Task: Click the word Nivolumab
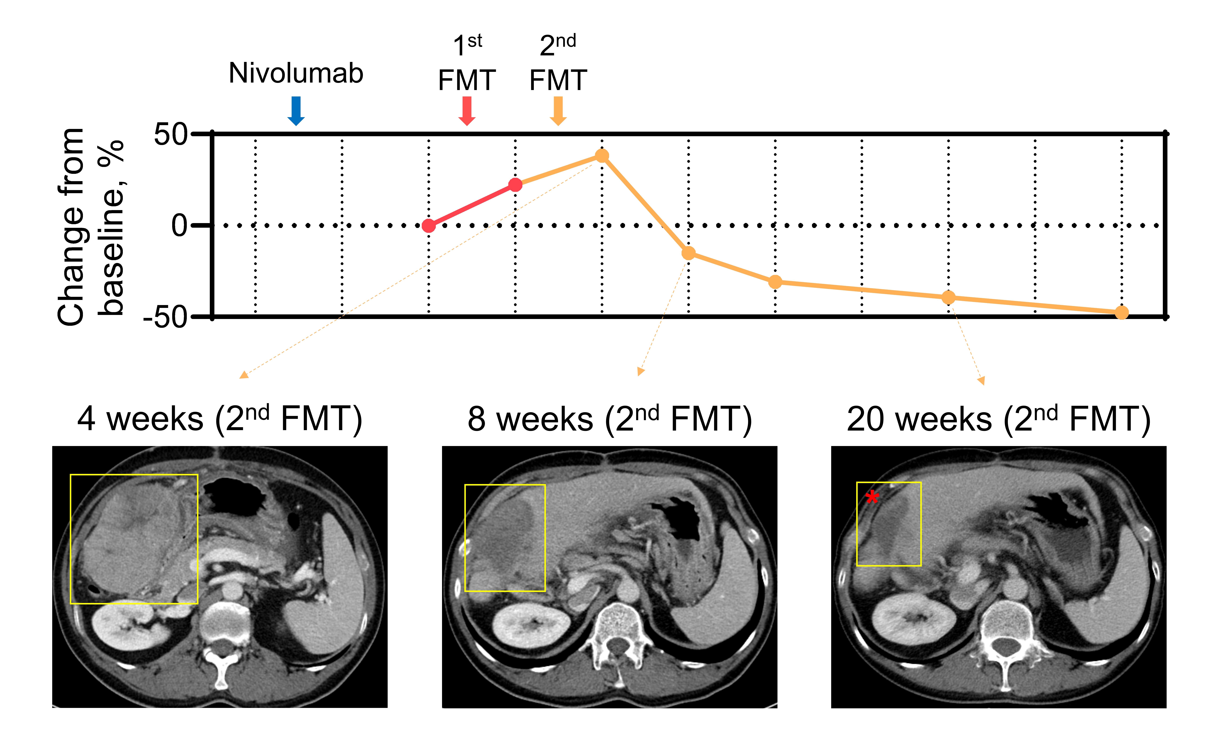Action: [296, 73]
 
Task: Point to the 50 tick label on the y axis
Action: [171, 134]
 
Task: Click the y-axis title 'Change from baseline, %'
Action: [90, 226]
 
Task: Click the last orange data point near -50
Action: [1122, 312]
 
